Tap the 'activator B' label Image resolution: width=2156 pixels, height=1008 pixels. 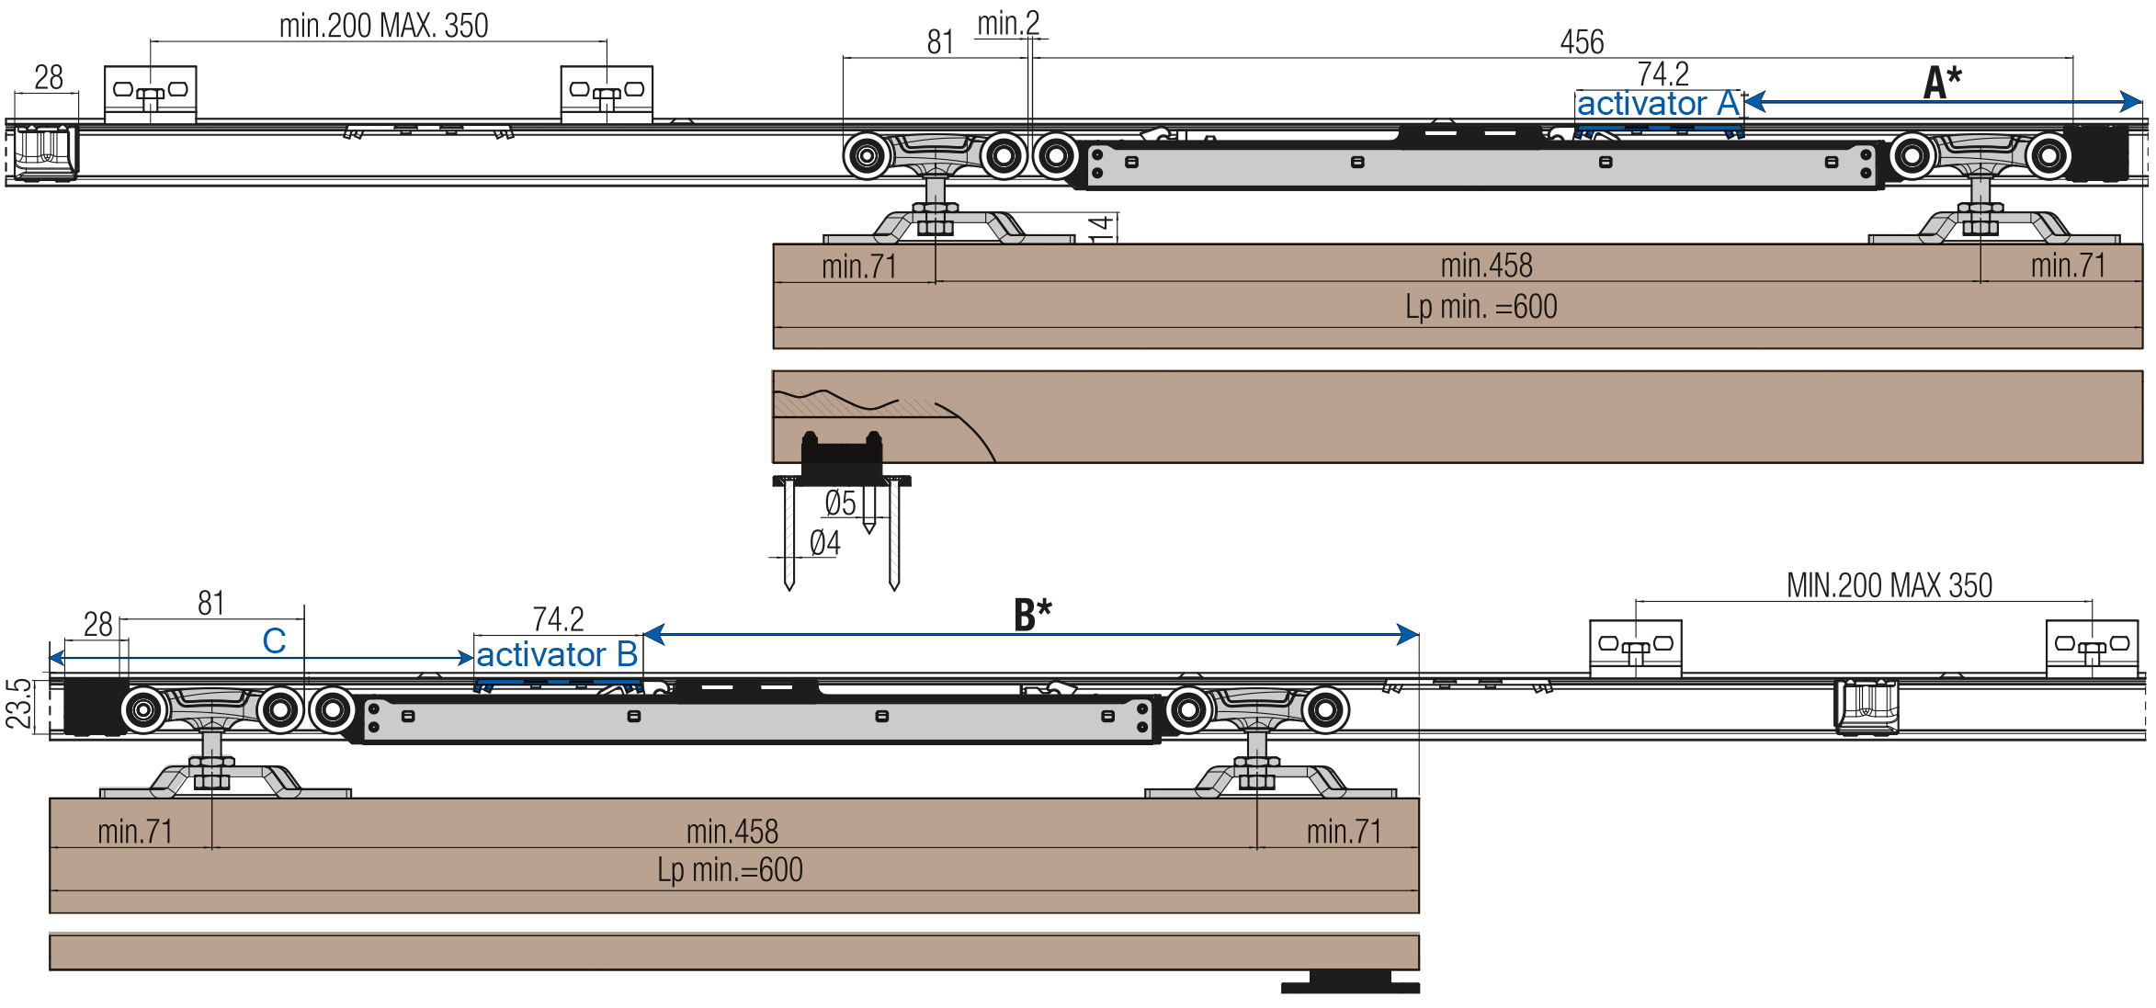click(x=557, y=655)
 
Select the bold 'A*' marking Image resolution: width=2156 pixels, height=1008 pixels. click(x=1942, y=82)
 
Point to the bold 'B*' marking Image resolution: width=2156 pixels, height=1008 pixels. click(x=1032, y=615)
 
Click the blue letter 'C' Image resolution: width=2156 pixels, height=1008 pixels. click(x=274, y=641)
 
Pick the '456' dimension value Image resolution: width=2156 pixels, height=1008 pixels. click(x=1582, y=42)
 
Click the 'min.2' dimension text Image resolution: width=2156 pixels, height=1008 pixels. click(x=1008, y=24)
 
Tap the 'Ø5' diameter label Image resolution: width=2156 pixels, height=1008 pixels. click(x=840, y=504)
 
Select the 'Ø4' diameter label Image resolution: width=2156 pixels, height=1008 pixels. click(x=824, y=543)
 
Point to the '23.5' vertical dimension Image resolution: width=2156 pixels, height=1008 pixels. click(x=18, y=704)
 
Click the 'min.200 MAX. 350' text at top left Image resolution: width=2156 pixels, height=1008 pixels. click(x=383, y=26)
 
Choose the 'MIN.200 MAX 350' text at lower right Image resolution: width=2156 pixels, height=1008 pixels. click(x=1889, y=585)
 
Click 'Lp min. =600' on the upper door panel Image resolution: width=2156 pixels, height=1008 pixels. click(x=1481, y=307)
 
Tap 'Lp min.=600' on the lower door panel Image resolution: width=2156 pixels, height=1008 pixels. click(x=730, y=870)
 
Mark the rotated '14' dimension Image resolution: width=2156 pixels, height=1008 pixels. click(x=1101, y=228)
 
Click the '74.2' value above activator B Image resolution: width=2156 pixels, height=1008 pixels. click(x=558, y=619)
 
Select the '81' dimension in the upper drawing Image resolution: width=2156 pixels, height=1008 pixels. click(x=940, y=42)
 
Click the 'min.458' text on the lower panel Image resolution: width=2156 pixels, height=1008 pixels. click(x=732, y=832)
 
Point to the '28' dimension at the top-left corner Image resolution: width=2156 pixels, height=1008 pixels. click(x=49, y=77)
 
